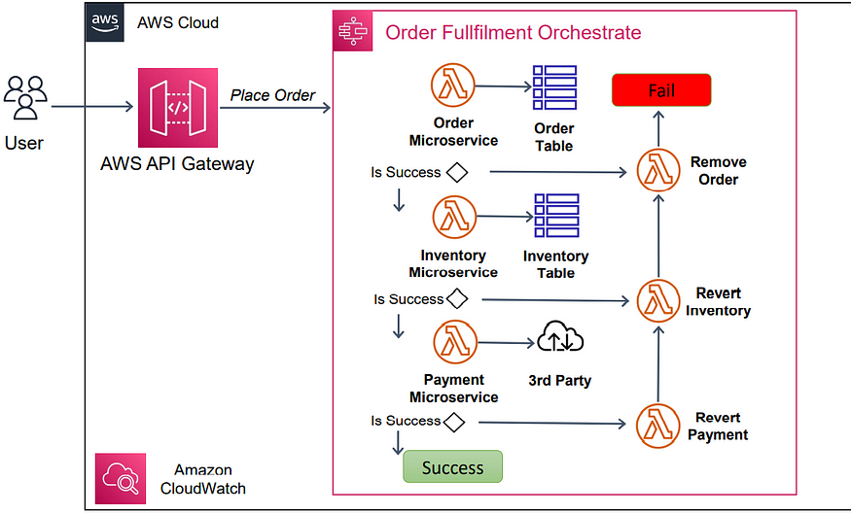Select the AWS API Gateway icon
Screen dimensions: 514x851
pyautogui.click(x=177, y=108)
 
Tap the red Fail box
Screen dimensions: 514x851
pyautogui.click(x=661, y=90)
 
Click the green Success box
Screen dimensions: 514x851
pyautogui.click(x=452, y=467)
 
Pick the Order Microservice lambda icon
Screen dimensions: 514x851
pyautogui.click(x=452, y=86)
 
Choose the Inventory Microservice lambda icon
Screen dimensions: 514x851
pyautogui.click(x=452, y=218)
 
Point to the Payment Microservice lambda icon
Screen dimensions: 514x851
pyautogui.click(x=452, y=343)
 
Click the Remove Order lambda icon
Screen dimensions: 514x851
pyautogui.click(x=658, y=171)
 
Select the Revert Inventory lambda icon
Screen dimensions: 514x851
pyautogui.click(x=658, y=301)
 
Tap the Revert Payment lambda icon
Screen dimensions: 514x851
pyautogui.click(x=658, y=426)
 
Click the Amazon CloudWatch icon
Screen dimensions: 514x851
pyautogui.click(x=121, y=478)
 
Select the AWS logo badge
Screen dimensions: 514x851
pyautogui.click(x=106, y=23)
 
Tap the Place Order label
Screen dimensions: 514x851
pyautogui.click(x=272, y=95)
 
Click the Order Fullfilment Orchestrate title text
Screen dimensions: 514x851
pyautogui.click(x=514, y=32)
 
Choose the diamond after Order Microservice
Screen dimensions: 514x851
pyautogui.click(x=456, y=173)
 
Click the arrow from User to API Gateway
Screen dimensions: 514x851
pyautogui.click(x=92, y=107)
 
